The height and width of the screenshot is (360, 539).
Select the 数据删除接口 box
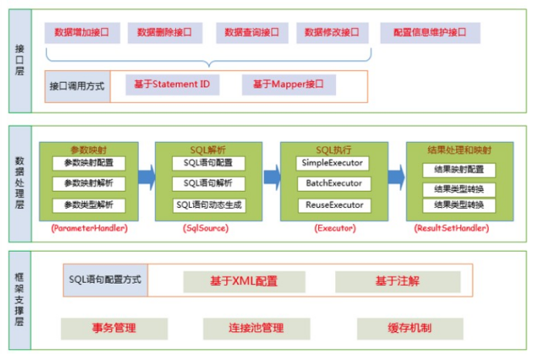164,32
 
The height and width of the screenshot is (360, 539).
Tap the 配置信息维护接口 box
429,32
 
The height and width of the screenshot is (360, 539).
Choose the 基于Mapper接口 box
288,84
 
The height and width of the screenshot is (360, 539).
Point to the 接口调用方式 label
77,84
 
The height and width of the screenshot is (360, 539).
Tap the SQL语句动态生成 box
209,205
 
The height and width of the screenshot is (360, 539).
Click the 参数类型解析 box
89,205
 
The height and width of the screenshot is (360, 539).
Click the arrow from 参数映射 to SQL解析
146,178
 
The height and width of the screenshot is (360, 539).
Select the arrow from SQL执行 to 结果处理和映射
397,178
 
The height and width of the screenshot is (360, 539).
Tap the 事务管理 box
114,328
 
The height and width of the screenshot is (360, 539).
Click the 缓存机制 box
409,328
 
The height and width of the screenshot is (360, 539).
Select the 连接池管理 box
256,328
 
